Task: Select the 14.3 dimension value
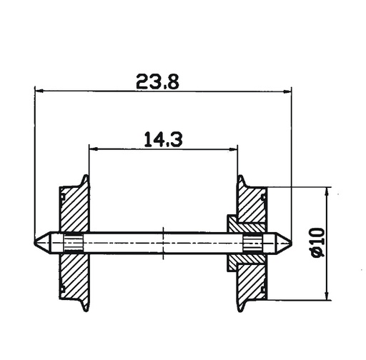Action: (x=163, y=139)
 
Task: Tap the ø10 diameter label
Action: (x=317, y=243)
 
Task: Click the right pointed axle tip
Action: (x=289, y=243)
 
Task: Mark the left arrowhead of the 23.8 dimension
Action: (x=40, y=91)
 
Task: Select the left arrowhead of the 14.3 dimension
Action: (x=93, y=149)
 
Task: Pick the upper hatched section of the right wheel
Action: (x=252, y=207)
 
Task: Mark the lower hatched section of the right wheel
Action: (x=252, y=279)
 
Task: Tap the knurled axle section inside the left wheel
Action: (x=72, y=243)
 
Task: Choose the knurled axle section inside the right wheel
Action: (x=252, y=243)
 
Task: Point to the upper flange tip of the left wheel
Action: (x=86, y=176)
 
